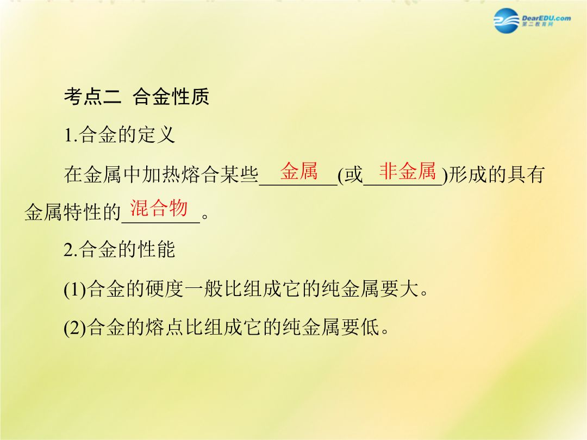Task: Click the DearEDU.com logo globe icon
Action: pos(507,21)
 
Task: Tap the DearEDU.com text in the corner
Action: pos(546,18)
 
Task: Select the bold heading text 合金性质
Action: pos(171,97)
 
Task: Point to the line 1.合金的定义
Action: pos(120,135)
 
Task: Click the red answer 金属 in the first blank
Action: pos(299,171)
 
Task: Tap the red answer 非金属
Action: pos(407,171)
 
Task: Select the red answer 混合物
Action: pos(159,208)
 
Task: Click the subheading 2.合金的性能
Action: pos(120,249)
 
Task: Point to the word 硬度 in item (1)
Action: pos(164,289)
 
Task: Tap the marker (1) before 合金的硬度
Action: pos(75,290)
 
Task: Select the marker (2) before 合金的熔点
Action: pos(75,328)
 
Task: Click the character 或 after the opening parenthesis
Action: pos(353,175)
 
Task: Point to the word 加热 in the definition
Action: pos(161,175)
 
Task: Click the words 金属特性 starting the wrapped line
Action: pos(63,212)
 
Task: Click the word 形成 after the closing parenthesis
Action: pos(467,175)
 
